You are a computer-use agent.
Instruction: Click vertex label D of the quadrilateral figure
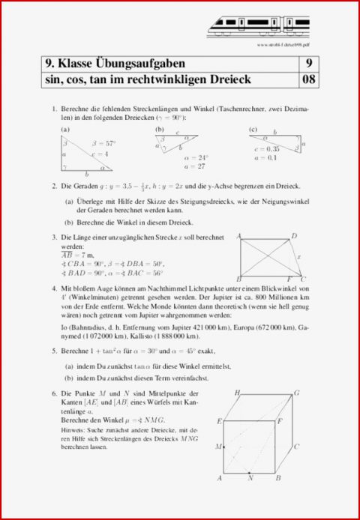(293, 236)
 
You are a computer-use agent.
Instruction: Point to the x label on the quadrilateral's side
(298, 256)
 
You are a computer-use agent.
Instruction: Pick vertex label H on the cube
(236, 393)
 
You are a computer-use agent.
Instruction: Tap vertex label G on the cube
(297, 393)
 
